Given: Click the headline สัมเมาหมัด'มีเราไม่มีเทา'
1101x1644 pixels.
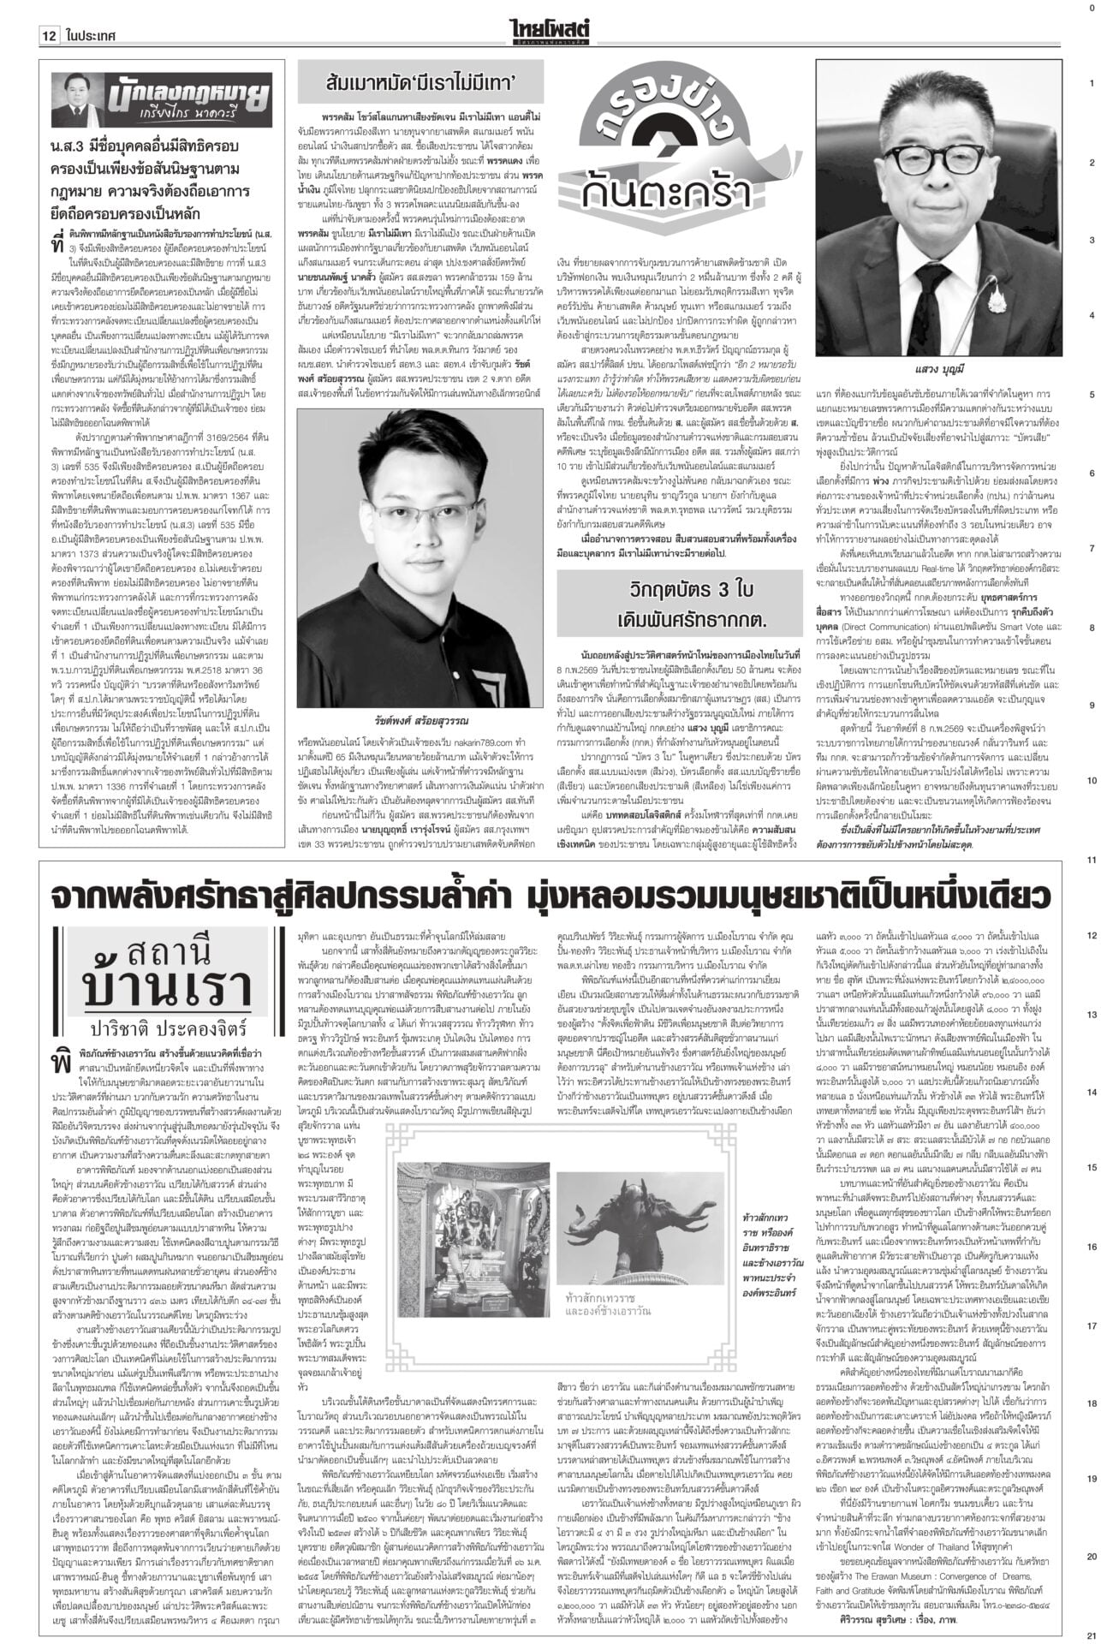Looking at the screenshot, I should [x=420, y=84].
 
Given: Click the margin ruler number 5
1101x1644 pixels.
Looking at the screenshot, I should [x=1091, y=395].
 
